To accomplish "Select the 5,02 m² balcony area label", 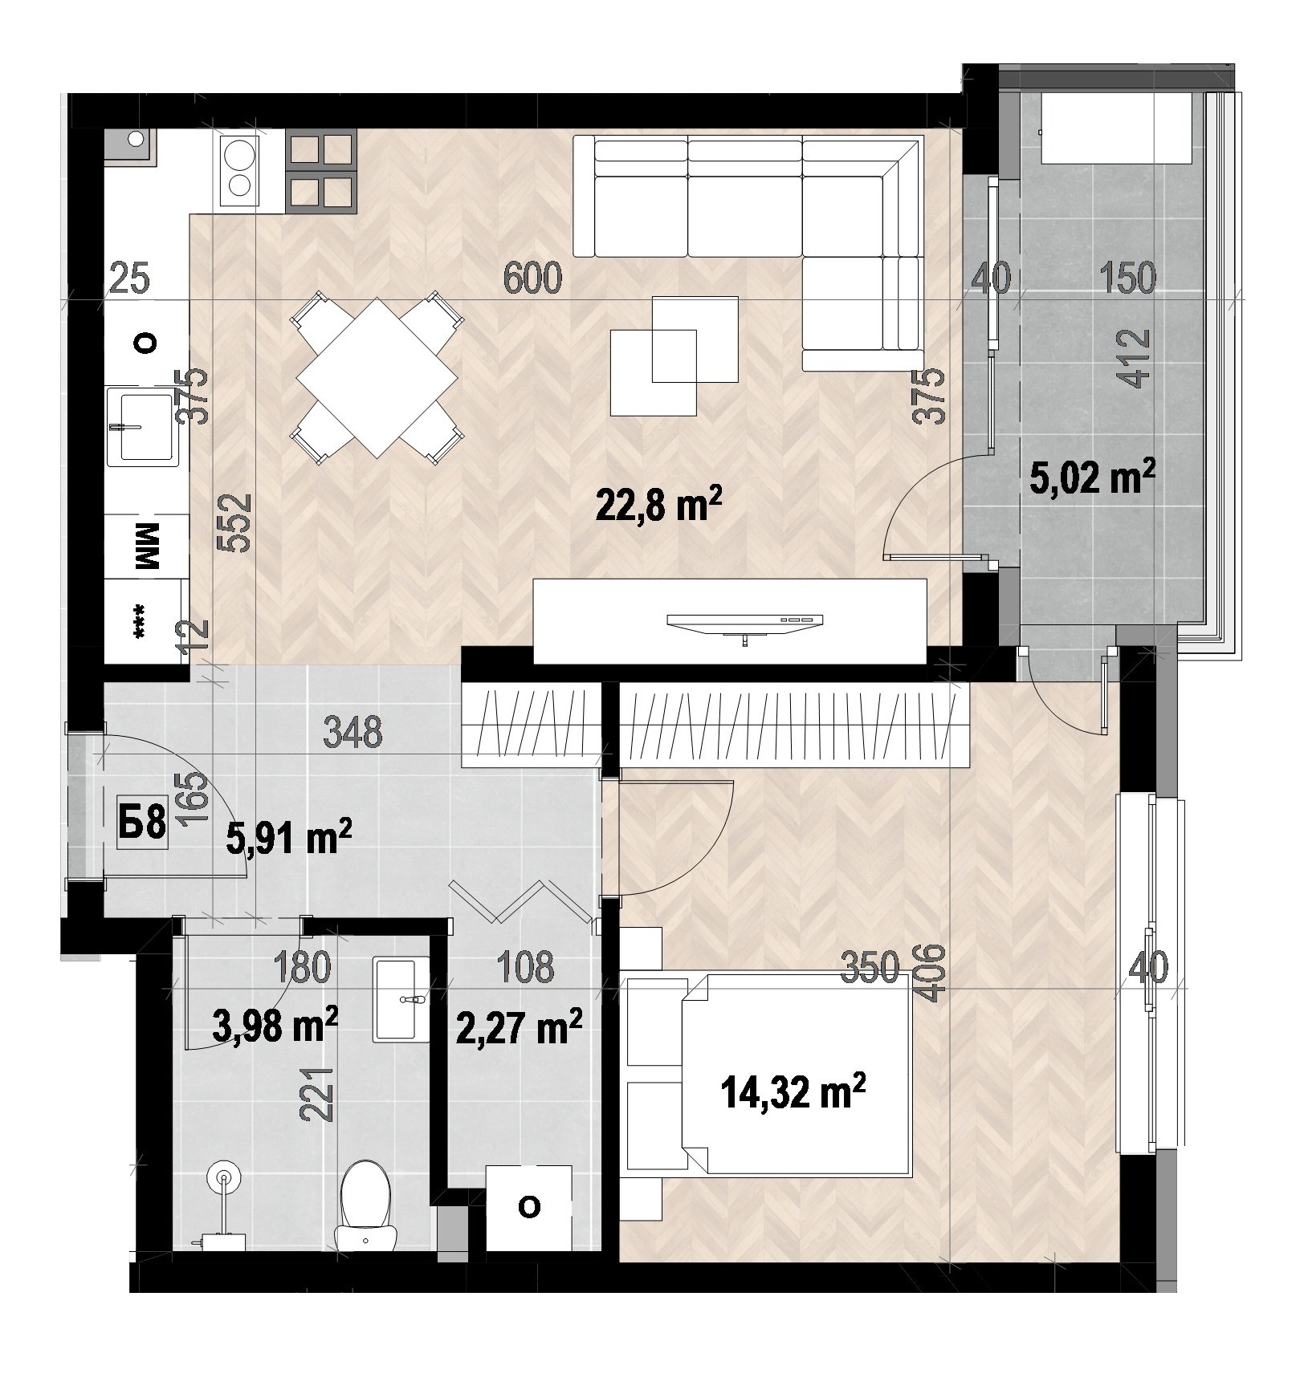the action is (1093, 481).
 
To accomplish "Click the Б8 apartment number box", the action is (142, 823).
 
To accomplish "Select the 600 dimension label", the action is (533, 278).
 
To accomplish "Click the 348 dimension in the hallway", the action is (353, 733).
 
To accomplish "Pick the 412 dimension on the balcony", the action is (1139, 359).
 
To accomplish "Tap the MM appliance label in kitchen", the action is (149, 547).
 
